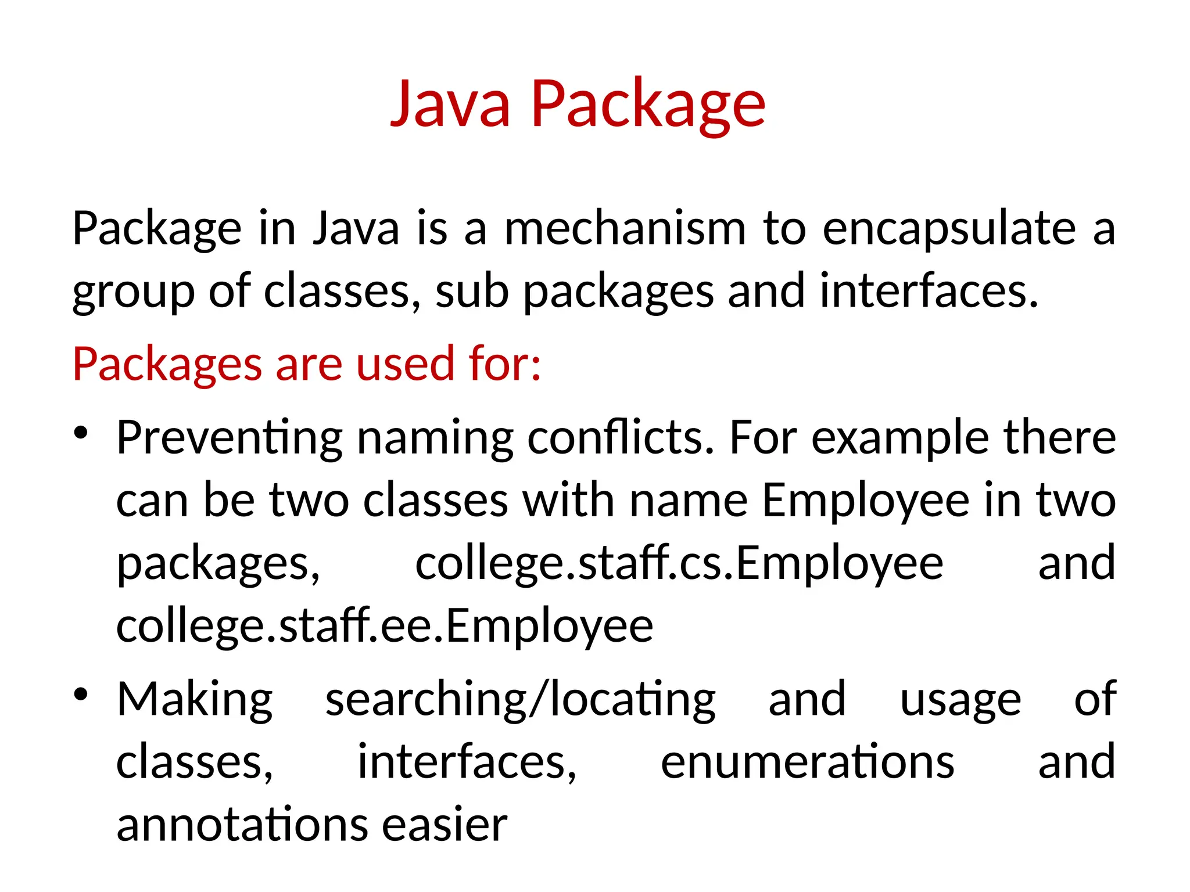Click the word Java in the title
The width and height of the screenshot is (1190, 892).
450,105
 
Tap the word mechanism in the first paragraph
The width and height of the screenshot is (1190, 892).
625,228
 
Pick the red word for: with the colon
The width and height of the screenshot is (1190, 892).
505,364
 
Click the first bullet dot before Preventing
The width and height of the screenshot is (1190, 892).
81,433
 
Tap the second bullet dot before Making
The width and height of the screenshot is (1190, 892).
81,694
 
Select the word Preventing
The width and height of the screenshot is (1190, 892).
230,438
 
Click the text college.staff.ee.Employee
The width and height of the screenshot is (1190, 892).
385,627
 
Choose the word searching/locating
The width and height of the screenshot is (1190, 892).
520,700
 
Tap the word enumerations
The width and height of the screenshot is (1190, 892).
807,762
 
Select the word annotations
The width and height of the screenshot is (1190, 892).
242,825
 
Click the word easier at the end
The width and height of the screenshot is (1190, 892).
445,825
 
